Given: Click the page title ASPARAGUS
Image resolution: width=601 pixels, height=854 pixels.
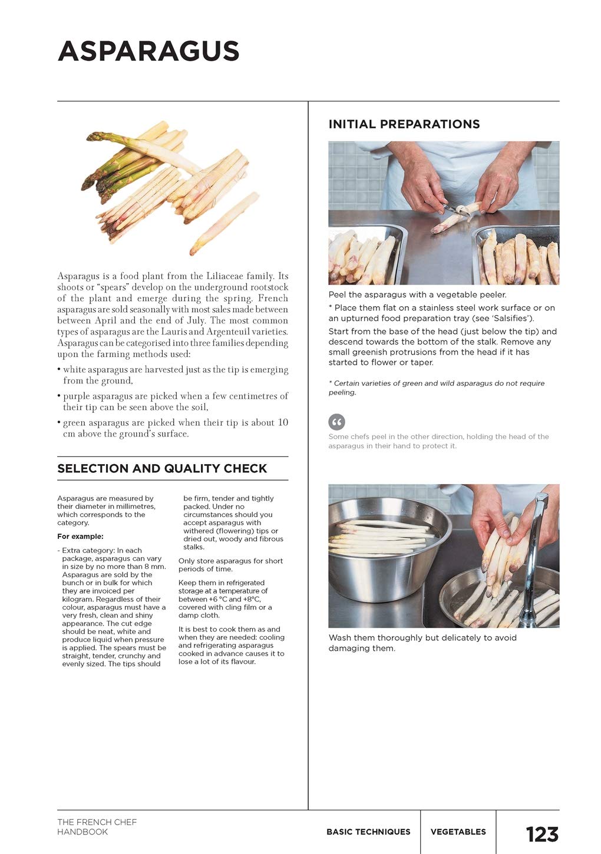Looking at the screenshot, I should pos(148,52).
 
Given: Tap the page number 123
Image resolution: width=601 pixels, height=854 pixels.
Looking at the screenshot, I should pos(541,834).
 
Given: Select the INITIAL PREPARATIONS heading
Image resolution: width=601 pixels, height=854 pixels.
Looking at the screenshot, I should pos(404,124).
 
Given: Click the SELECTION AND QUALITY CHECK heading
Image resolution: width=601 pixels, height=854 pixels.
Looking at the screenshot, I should pos(162,469).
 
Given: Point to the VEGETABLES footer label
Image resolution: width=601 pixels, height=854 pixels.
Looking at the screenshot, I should pos(458,832).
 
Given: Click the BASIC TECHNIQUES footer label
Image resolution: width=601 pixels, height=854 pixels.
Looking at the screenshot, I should pos(368,832).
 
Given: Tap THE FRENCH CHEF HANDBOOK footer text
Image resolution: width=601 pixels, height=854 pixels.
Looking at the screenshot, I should pos(97,827).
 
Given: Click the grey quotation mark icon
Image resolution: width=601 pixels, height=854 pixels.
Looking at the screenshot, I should pos(336,422).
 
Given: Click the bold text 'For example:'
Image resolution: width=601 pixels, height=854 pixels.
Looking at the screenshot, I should pos(80,537).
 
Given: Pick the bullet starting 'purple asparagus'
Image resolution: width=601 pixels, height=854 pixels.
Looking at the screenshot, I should pos(175,402).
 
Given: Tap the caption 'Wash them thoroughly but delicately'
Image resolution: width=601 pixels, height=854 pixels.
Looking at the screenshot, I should pos(422,643).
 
